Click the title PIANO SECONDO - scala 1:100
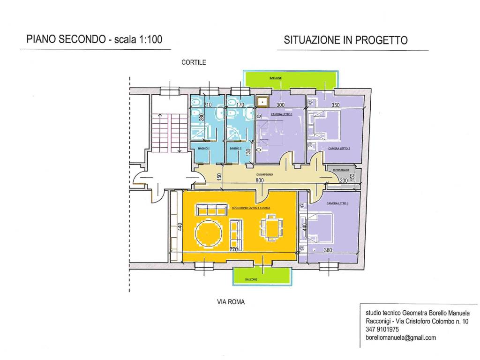pyautogui.click(x=94, y=40)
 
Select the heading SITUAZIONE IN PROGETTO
pyautogui.click(x=345, y=40)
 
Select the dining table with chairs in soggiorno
pyautogui.click(x=270, y=227)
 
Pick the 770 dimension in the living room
pyautogui.click(x=234, y=250)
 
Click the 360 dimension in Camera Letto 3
pyautogui.click(x=328, y=250)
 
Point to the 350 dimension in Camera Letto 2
pyautogui.click(x=335, y=105)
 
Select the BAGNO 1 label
pyautogui.click(x=203, y=148)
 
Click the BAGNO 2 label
pyautogui.click(x=235, y=148)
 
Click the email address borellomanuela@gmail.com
pyautogui.click(x=401, y=337)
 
